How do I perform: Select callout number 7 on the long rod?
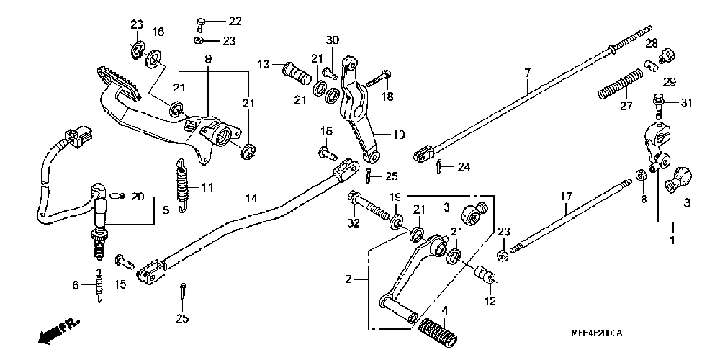click(527, 73)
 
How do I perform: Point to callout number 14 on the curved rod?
click(250, 198)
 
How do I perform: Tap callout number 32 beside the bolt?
click(353, 223)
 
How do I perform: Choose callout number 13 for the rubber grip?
click(264, 65)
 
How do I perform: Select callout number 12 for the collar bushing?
click(490, 302)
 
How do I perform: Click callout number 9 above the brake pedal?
click(207, 58)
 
